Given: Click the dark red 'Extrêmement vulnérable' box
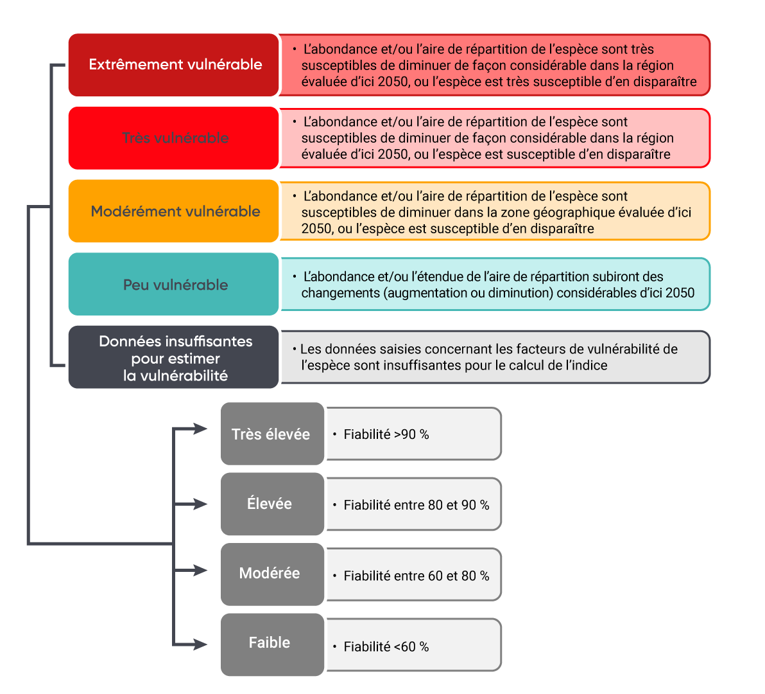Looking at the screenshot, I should [x=174, y=65].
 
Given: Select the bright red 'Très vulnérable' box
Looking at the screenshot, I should [x=174, y=138].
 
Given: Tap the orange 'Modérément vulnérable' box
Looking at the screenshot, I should [x=174, y=211].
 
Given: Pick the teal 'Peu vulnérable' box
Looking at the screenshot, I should [x=174, y=285].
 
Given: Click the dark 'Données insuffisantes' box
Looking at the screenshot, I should [x=174, y=358].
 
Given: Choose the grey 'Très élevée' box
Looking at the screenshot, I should [x=272, y=434].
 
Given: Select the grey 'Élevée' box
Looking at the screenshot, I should [x=272, y=504].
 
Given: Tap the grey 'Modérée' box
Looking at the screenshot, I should [x=272, y=574].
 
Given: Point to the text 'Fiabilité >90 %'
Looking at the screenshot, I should [x=386, y=435].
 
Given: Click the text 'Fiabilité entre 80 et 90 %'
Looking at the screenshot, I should [x=416, y=506].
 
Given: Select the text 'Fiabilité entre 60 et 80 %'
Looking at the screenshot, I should [x=416, y=576].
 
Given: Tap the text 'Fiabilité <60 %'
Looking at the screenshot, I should [x=386, y=647].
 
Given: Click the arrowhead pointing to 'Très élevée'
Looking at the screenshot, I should [x=200, y=429].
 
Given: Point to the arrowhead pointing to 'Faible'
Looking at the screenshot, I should [x=200, y=644].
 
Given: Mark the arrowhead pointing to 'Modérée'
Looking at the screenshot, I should [x=200, y=570].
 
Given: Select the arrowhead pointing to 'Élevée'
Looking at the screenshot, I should [x=200, y=504].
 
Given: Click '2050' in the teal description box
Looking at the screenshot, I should [x=680, y=293].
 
